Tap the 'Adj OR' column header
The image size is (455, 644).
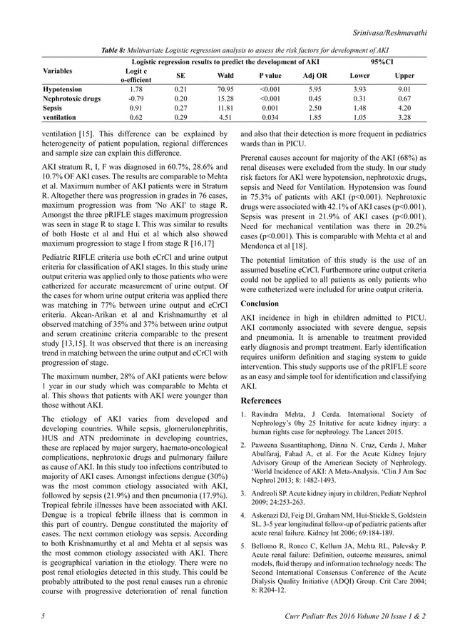point(315,75)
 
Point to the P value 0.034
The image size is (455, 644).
point(270,118)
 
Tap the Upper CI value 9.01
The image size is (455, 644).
point(404,89)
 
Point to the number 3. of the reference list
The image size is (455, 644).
point(245,492)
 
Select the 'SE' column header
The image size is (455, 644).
point(180,75)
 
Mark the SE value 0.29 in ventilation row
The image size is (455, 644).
point(180,118)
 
